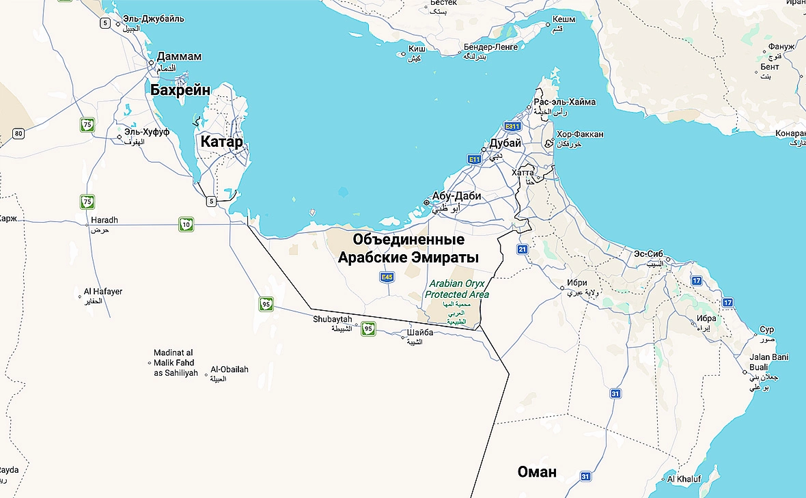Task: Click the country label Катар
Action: [221, 142]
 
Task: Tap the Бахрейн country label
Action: [180, 90]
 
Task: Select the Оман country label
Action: [537, 471]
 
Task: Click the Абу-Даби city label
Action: [456, 196]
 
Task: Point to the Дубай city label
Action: [505, 143]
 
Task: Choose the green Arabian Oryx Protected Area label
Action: [457, 289]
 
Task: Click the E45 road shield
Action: [387, 277]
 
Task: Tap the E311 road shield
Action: [512, 126]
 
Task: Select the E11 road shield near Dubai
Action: [475, 159]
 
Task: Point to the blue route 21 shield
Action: [523, 250]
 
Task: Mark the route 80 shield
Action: [18, 133]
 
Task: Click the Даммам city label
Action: [179, 56]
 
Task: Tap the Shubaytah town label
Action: [333, 319]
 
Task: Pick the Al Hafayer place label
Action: [103, 292]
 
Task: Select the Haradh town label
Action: [105, 220]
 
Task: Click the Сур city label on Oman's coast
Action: [767, 330]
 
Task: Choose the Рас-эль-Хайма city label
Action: [564, 102]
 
